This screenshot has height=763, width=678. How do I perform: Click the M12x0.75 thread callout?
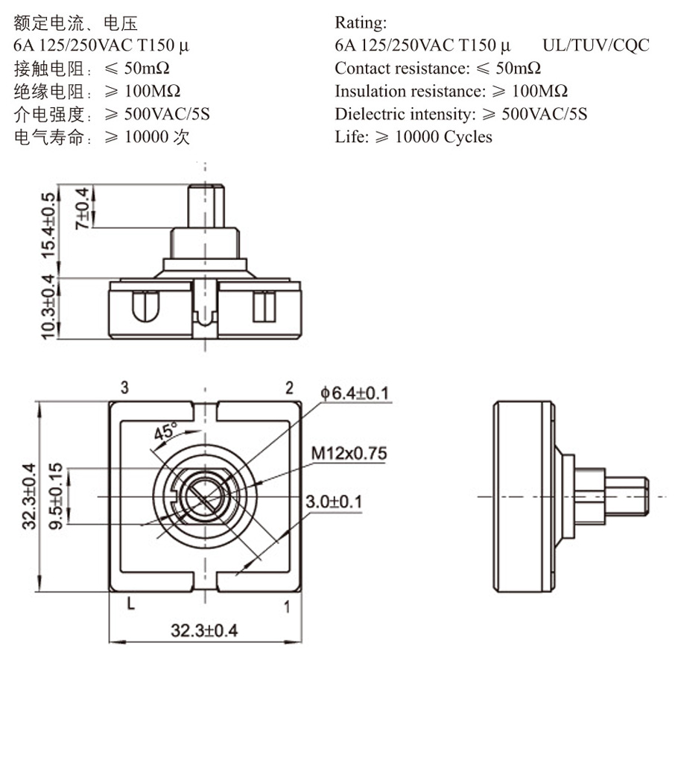pyautogui.click(x=349, y=453)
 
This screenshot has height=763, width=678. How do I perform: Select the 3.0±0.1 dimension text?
pyautogui.click(x=334, y=501)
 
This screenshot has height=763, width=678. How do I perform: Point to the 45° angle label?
pyautogui.click(x=165, y=431)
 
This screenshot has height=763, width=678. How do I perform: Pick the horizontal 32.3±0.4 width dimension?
pyautogui.click(x=204, y=630)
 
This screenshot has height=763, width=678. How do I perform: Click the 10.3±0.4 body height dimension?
pyautogui.click(x=48, y=307)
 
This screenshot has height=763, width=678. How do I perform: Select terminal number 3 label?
pyautogui.click(x=125, y=387)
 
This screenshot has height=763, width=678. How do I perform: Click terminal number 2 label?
pyautogui.click(x=289, y=387)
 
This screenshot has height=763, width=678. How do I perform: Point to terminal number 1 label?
pyautogui.click(x=287, y=607)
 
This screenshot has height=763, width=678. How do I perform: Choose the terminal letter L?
pyautogui.click(x=130, y=604)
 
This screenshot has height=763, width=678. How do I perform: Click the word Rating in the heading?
pyautogui.click(x=361, y=22)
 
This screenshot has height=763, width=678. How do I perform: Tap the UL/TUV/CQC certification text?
pyautogui.click(x=596, y=45)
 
